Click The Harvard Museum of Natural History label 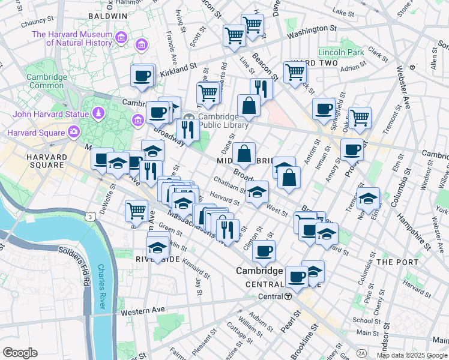click(x=72, y=38)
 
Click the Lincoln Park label click(x=342, y=52)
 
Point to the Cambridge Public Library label click(x=223, y=121)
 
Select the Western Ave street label click(x=142, y=311)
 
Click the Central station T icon click(x=288, y=296)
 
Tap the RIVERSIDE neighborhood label click(x=157, y=259)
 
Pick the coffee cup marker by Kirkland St click(x=142, y=76)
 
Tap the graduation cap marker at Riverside click(x=157, y=247)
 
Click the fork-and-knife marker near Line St click(x=261, y=88)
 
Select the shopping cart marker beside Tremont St click(x=360, y=118)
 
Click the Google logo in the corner click(x=19, y=353)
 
